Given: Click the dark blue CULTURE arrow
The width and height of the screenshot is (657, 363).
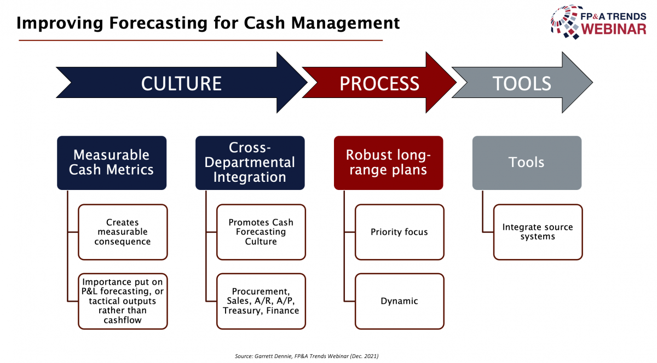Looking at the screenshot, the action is click(181, 83).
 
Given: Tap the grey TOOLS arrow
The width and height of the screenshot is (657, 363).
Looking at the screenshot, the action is click(522, 83).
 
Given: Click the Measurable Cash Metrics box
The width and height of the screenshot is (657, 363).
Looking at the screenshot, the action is click(112, 163).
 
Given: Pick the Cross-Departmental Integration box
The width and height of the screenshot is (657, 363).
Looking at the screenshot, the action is click(250, 163).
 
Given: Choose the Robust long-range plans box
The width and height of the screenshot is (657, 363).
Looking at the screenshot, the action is click(388, 163).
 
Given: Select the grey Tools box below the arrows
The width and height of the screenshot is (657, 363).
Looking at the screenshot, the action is click(527, 163).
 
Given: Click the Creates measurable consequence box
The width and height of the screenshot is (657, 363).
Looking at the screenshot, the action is click(123, 232).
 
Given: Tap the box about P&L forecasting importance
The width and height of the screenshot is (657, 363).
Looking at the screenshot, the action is click(123, 301).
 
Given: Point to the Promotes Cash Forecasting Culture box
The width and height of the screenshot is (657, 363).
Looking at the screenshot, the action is click(261, 232).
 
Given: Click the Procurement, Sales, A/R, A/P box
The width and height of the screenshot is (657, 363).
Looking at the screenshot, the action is click(261, 301).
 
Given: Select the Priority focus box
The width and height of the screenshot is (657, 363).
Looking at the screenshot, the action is click(400, 232).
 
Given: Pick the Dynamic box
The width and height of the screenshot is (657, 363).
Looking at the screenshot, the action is click(400, 301).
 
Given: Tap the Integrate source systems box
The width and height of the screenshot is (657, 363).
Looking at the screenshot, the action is click(538, 232).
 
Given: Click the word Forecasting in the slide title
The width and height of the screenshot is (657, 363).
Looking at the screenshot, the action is click(158, 24).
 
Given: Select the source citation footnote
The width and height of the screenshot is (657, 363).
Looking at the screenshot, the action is click(307, 356).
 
